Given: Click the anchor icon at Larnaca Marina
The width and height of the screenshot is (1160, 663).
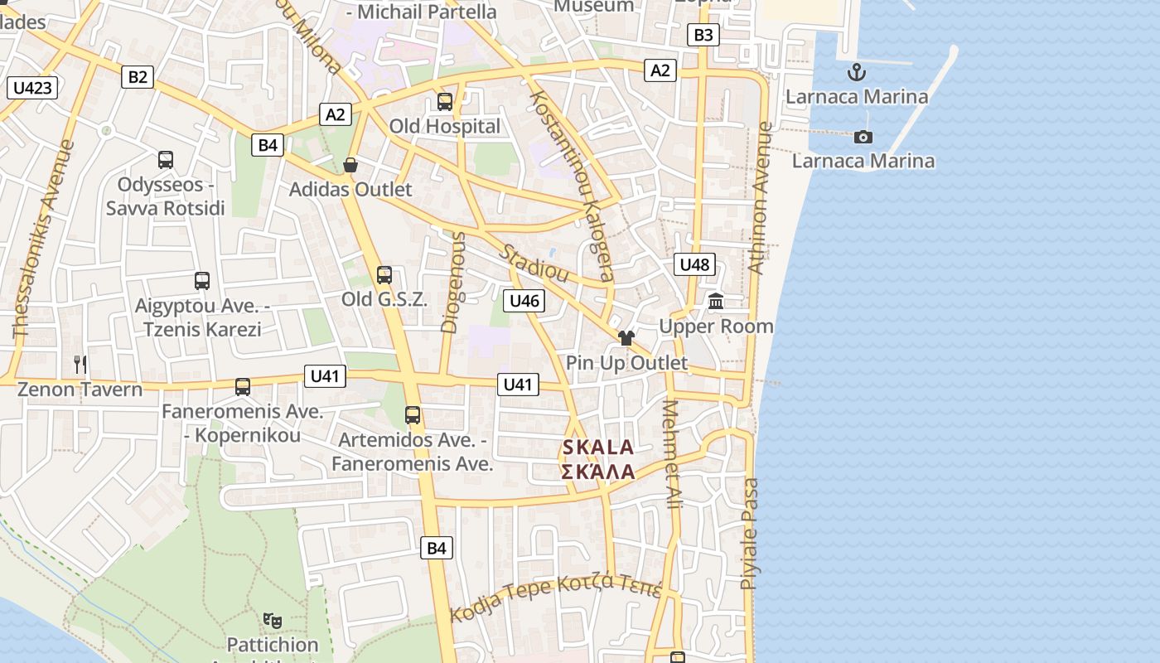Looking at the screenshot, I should [857, 72].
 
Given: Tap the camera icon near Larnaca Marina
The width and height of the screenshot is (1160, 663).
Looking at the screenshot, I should [863, 137].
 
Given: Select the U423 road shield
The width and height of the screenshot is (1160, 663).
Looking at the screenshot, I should [33, 88].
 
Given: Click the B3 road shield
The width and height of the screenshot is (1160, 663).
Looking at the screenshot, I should [703, 35].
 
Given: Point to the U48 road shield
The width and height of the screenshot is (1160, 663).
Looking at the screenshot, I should [694, 264].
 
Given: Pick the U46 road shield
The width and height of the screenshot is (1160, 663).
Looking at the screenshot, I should [524, 300].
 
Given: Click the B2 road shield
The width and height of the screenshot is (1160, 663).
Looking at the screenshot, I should [138, 77].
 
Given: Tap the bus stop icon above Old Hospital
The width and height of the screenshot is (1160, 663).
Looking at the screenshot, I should [445, 102].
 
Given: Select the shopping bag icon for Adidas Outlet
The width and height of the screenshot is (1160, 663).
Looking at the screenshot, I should [350, 165].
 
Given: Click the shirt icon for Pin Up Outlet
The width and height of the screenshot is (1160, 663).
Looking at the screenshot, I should [626, 337].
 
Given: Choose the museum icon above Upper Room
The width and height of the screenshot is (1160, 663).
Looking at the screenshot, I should [716, 302].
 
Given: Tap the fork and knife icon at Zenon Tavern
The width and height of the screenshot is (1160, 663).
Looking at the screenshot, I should [80, 363].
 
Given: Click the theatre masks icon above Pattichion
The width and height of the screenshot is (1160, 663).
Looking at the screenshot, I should [272, 619].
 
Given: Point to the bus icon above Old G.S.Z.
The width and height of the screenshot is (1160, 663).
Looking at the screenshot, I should [384, 275].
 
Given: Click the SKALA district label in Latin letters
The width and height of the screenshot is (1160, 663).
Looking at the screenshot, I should [598, 448].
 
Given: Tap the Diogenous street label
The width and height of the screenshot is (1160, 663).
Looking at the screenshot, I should [453, 282].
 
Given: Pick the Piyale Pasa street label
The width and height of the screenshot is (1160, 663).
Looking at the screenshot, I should [749, 533].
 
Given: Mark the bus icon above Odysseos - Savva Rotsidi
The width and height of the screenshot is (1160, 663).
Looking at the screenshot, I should [166, 160].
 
